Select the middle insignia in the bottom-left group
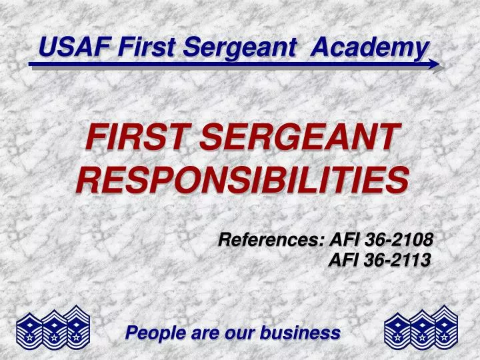pyautogui.click(x=53, y=328)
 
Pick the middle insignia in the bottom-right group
pyautogui.click(x=421, y=328)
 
